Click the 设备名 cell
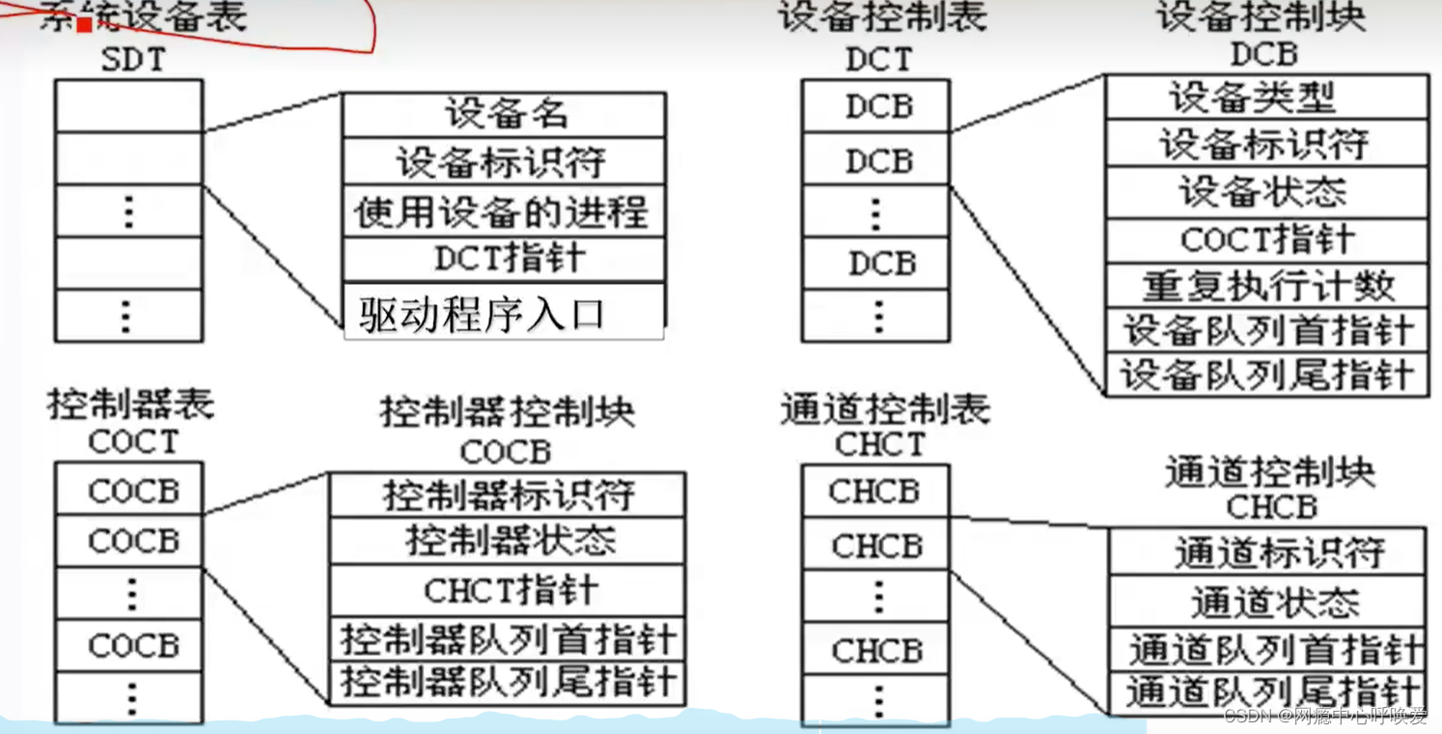pyautogui.click(x=504, y=115)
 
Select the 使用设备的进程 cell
pyautogui.click(x=504, y=212)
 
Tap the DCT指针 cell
pyautogui.click(x=504, y=259)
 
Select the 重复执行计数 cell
pyautogui.click(x=1267, y=286)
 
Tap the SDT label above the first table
pyautogui.click(x=133, y=60)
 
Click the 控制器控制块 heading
pyautogui.click(x=508, y=412)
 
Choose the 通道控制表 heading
pyautogui.click(x=884, y=409)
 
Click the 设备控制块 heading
pyautogui.click(x=1262, y=18)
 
